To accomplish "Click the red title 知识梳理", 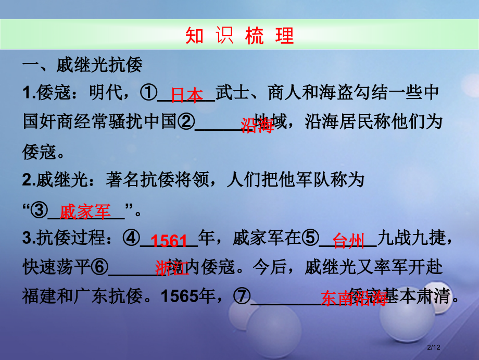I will point(240,35).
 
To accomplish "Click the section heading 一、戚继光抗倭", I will point(82,67).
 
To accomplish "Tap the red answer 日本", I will point(187,95).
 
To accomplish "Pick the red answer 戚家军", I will point(85,212).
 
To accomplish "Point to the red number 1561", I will point(169,241).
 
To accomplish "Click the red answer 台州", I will point(348,241).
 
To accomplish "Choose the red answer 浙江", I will point(172,268).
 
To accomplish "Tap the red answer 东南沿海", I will point(354,297).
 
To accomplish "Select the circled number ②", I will point(186,122).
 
